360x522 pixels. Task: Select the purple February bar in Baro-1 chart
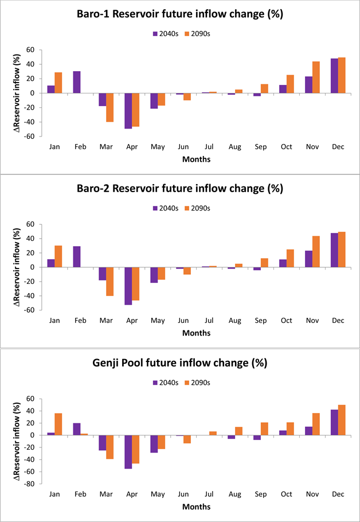76,82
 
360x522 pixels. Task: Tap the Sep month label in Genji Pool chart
260,494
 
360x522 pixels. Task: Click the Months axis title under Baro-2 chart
196,333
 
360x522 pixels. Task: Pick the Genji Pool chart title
180,363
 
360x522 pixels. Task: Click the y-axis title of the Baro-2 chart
17,267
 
